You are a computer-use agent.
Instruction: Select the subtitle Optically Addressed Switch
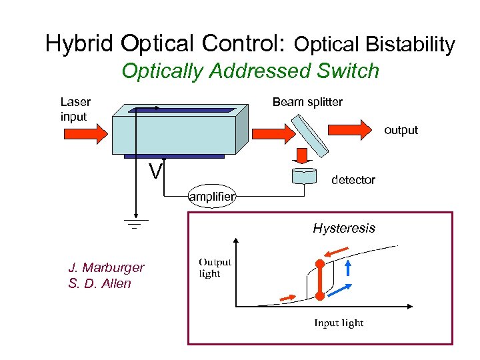[x=250, y=71]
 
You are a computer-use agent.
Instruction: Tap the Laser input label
[x=75, y=109]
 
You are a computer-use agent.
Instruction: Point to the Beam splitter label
[x=307, y=102]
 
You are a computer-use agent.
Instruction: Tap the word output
[x=401, y=130]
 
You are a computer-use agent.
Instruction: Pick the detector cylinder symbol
[x=304, y=176]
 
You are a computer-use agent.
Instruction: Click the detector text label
[x=353, y=180]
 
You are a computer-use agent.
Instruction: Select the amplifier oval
[x=211, y=197]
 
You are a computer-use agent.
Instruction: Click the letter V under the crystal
[x=155, y=172]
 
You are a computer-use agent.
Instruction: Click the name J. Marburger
[x=106, y=267]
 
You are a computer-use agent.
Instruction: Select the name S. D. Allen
[x=99, y=283]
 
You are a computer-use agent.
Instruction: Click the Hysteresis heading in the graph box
[x=344, y=229]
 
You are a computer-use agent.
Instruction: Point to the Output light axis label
[x=215, y=268]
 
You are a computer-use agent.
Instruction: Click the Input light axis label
[x=339, y=323]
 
